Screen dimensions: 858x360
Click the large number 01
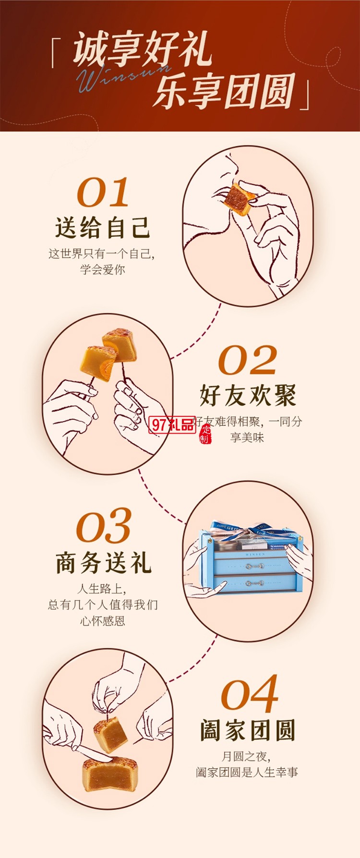pos(103,193)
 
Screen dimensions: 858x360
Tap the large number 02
pos(247,360)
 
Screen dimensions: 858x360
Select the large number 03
pos(103,526)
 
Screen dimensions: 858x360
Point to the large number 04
pos(249,694)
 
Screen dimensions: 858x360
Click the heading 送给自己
pos(103,228)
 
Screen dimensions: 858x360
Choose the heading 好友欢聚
pos(248,395)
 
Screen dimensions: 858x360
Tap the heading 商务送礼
pos(103,562)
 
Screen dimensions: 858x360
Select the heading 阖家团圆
pos(248,730)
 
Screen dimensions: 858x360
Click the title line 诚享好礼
pos(142,49)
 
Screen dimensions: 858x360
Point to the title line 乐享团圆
pos(224,91)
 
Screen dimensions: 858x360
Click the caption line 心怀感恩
pos(103,621)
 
